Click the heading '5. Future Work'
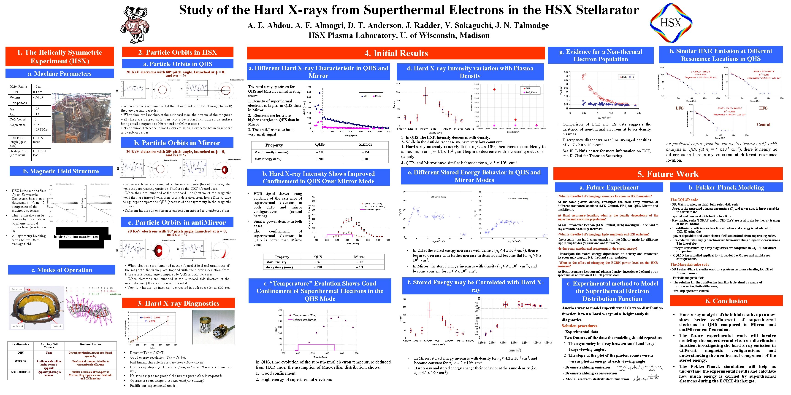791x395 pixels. coord(668,174)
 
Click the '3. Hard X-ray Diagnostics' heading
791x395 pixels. coord(178,303)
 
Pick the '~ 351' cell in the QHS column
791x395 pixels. coord(320,152)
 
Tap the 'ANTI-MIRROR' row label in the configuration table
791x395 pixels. coord(21,372)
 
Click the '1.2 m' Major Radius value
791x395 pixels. coord(37,86)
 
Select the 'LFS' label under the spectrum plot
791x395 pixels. coord(680,108)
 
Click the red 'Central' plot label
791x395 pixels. coord(763,125)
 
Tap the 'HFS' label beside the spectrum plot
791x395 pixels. coord(763,108)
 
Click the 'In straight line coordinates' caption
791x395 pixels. coord(76,237)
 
